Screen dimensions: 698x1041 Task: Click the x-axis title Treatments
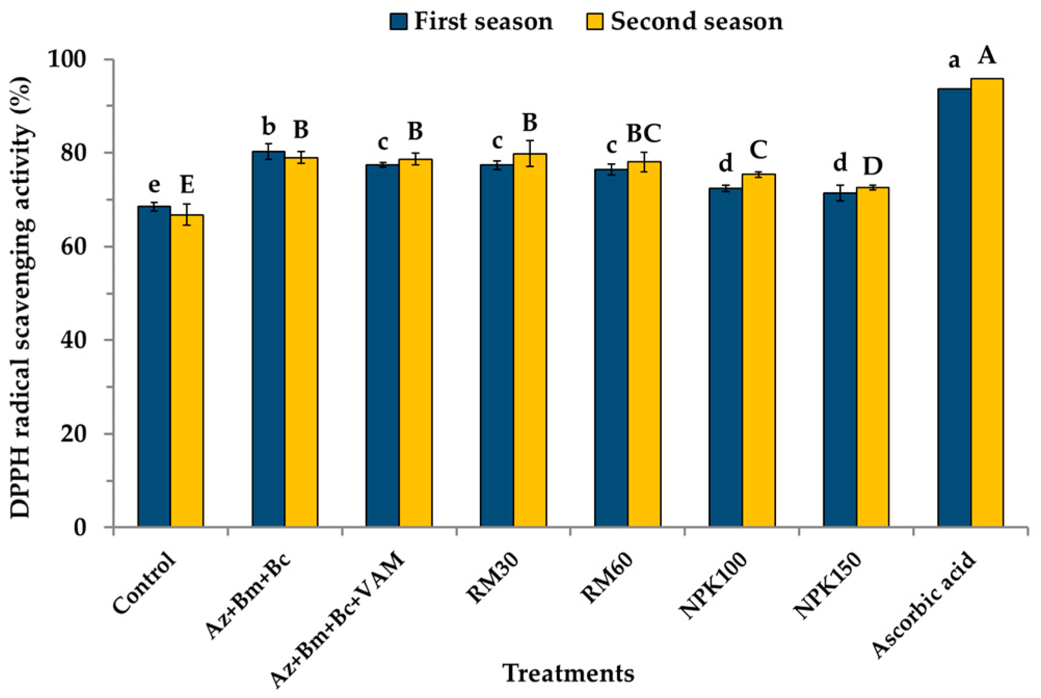569,674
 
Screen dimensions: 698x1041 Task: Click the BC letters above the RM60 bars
644,133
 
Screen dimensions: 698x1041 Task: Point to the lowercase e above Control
154,184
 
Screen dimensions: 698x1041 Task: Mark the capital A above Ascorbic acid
987,56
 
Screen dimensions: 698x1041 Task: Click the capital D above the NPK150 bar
873,166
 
